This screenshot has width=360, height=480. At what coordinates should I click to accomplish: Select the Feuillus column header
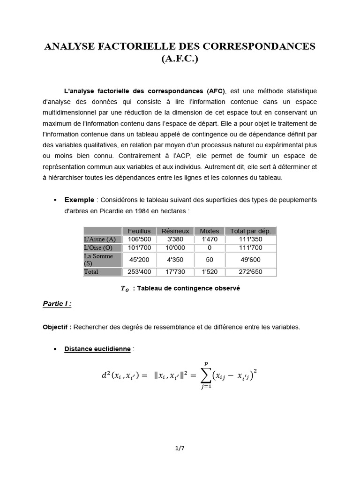pyautogui.click(x=139, y=231)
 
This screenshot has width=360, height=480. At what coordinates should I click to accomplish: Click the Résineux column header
pyautogui.click(x=175, y=231)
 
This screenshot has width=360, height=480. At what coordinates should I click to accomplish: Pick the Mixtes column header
pyautogui.click(x=209, y=231)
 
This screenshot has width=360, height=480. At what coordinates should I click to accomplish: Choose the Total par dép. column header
pyautogui.click(x=250, y=231)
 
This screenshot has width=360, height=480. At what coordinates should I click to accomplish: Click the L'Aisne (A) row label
pyautogui.click(x=99, y=239)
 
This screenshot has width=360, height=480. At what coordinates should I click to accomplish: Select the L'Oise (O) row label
pyautogui.click(x=98, y=247)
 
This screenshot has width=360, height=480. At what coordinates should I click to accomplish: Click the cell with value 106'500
pyautogui.click(x=139, y=239)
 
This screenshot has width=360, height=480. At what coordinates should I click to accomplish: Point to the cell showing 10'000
pyautogui.click(x=175, y=247)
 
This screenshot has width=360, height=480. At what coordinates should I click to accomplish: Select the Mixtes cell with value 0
pyautogui.click(x=209, y=247)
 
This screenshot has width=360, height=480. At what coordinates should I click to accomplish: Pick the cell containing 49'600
pyautogui.click(x=250, y=260)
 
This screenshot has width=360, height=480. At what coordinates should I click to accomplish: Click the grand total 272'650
pyautogui.click(x=250, y=272)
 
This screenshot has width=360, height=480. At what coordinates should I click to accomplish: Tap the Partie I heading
pyautogui.click(x=57, y=304)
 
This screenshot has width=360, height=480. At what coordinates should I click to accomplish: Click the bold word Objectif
pyautogui.click(x=57, y=327)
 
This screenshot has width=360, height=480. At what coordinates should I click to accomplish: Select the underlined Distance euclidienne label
pyautogui.click(x=97, y=349)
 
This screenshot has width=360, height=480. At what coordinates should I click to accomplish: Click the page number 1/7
pyautogui.click(x=180, y=449)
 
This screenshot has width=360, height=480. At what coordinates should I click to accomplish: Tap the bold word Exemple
pyautogui.click(x=79, y=200)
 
